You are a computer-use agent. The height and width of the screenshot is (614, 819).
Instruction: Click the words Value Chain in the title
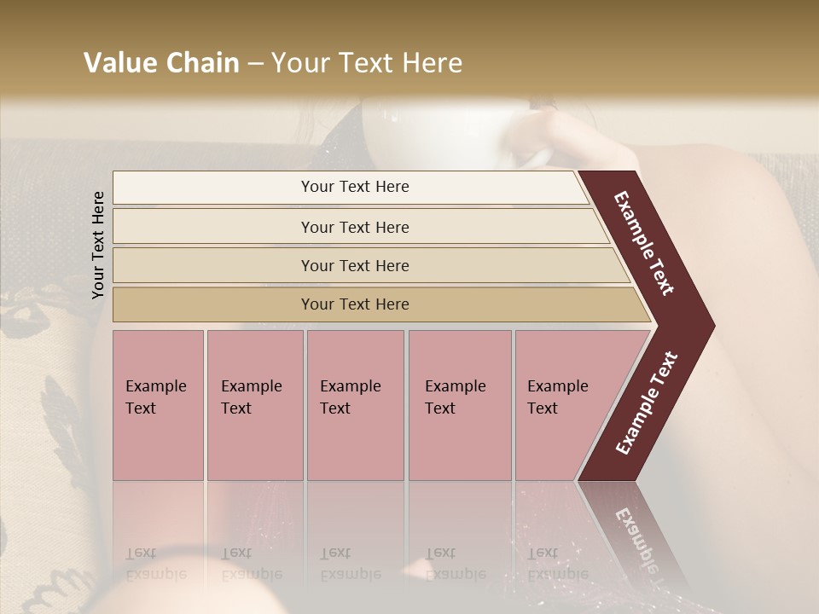coord(161,63)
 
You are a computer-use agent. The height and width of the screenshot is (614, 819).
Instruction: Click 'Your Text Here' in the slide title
coord(367,63)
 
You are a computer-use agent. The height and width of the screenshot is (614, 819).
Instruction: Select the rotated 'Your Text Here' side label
coord(98,245)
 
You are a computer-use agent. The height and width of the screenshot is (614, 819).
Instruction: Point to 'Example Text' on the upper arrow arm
coord(644,243)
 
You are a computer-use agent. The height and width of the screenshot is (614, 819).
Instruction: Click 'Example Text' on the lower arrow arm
coord(646,403)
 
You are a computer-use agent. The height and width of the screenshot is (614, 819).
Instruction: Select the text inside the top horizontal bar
coord(355,187)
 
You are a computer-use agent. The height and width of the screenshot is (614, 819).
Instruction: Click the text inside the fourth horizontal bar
coord(355,304)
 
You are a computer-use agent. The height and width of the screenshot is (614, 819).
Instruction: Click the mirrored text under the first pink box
coord(156,563)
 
